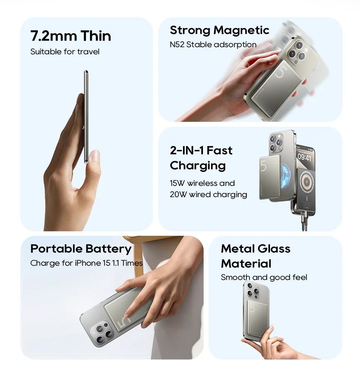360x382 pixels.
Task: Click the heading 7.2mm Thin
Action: [70, 36]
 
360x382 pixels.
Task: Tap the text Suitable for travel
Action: [65, 52]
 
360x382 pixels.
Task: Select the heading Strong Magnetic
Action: [219, 30]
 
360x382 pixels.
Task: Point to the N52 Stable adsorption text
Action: [213, 45]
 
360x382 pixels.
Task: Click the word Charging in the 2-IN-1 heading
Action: [198, 165]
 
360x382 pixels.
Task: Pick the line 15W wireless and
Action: [202, 183]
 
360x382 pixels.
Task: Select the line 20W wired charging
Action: [208, 195]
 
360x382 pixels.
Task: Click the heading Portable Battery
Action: [81, 249]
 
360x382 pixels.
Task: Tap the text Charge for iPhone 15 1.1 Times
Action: [86, 263]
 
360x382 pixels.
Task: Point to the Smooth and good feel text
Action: [264, 277]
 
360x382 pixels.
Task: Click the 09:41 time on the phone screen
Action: [304, 158]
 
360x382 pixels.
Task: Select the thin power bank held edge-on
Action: [86, 116]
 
